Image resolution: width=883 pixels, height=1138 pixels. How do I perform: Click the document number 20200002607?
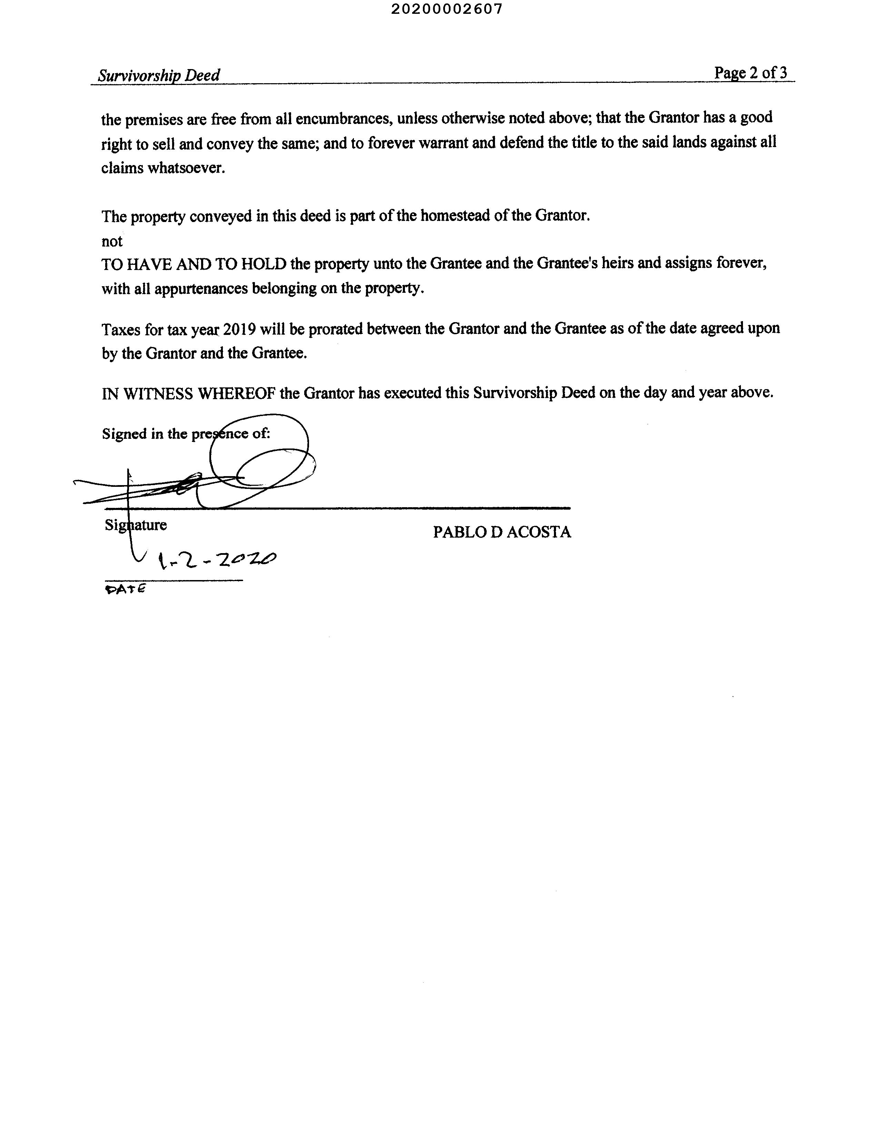(x=447, y=9)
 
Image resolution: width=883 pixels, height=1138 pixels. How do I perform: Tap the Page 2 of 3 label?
(x=750, y=73)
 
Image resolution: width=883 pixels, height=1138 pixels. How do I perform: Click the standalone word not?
(x=112, y=241)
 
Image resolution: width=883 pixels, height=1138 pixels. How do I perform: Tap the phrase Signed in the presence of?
(x=186, y=434)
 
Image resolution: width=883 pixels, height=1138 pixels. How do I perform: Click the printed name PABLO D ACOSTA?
(x=502, y=532)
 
